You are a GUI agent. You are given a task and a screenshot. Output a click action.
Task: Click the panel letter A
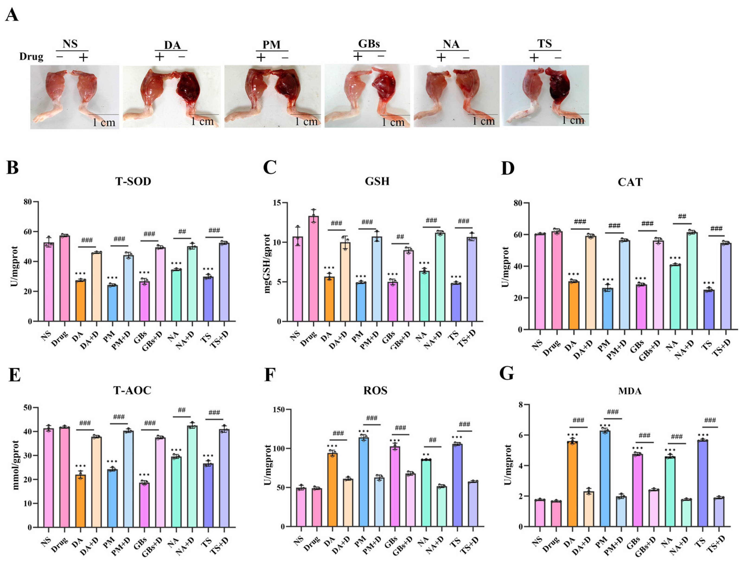tap(12, 15)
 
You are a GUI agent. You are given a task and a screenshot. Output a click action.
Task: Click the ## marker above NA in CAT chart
tap(682, 217)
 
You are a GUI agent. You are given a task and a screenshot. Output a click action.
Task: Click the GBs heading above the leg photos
tap(369, 44)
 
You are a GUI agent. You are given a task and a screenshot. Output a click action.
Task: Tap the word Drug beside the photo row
tap(31, 57)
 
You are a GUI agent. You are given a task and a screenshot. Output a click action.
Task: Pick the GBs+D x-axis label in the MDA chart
tap(647, 545)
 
